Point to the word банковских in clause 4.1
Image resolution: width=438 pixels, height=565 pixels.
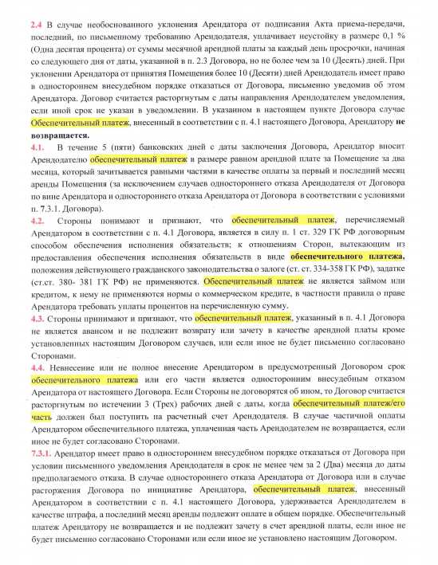click(x=143, y=148)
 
